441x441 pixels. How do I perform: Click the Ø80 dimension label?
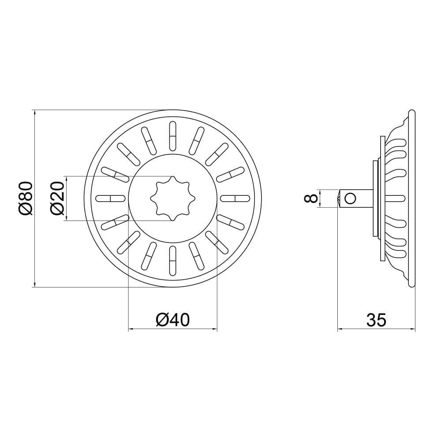click(26, 198)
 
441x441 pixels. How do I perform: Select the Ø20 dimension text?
click(58, 198)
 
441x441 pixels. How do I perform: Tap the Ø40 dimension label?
click(173, 320)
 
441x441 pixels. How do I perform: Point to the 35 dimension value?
click(376, 320)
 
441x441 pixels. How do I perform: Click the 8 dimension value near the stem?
click(311, 198)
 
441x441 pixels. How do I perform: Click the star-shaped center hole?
click(173, 198)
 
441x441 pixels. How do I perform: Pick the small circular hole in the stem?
click(350, 198)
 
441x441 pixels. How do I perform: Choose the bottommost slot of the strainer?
click(173, 261)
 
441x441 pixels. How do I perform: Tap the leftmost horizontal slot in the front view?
click(111, 198)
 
